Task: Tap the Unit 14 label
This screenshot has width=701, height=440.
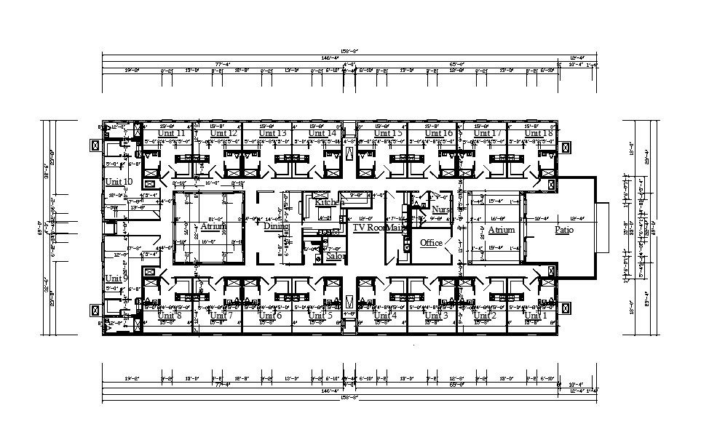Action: coord(322,134)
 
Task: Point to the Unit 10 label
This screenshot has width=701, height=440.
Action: coord(118,181)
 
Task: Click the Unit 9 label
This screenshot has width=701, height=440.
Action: coord(116,279)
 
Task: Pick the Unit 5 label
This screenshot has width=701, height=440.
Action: coord(320,315)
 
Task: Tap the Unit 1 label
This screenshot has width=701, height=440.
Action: coord(535,315)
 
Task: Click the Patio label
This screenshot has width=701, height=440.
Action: coord(564,230)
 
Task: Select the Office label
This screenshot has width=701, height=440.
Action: coord(432,242)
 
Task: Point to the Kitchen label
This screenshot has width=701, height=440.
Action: coord(325,201)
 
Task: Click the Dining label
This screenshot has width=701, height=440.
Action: coord(277,227)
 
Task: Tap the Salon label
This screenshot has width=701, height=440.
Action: coord(335,256)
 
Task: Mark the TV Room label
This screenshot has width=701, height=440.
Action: coord(368,227)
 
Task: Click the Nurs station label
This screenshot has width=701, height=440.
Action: coord(441,209)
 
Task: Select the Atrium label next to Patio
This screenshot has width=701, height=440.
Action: coord(501,230)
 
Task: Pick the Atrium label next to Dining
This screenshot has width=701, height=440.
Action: coord(214,227)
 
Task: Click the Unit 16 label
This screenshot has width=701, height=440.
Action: coord(439,134)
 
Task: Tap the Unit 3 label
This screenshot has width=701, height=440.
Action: coord(437,315)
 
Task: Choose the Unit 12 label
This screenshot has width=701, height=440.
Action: coord(223,134)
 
